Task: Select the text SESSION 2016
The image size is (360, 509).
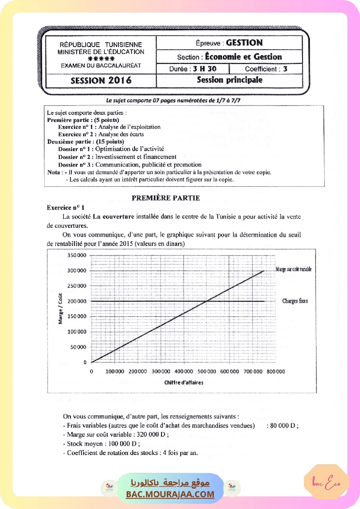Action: click(101, 81)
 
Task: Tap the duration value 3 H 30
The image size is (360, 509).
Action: click(205, 69)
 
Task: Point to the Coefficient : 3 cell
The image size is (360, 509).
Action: click(266, 69)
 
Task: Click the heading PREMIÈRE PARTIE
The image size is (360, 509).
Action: click(165, 198)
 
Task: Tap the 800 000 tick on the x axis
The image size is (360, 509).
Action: click(276, 371)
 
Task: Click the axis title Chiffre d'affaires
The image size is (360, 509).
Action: click(184, 383)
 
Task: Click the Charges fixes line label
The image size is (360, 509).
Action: click(295, 301)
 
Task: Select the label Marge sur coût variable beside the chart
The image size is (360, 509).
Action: click(293, 270)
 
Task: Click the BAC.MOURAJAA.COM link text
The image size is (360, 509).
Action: click(170, 494)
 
